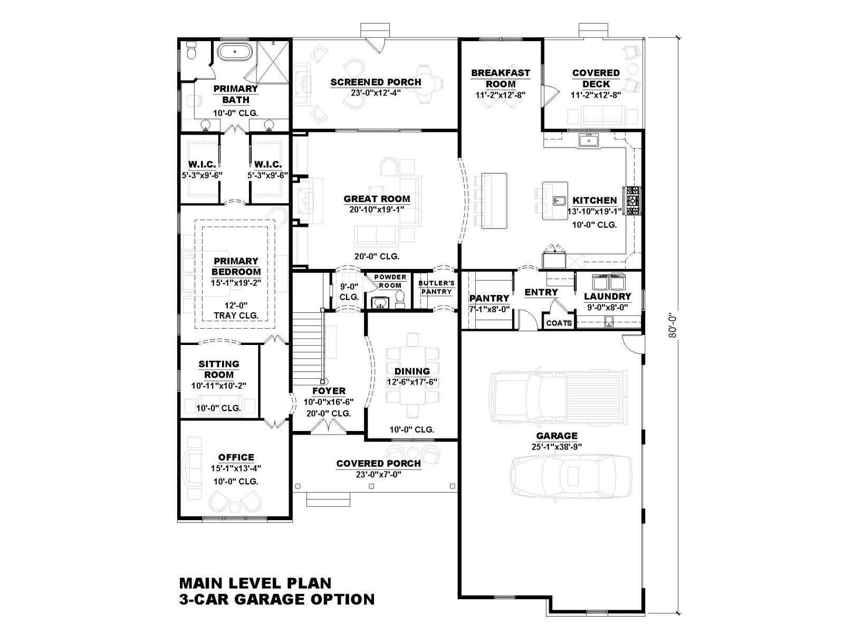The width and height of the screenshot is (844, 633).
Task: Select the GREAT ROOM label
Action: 377,199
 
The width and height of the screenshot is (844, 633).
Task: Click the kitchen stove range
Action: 633,200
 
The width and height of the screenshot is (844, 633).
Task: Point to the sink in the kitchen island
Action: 559,201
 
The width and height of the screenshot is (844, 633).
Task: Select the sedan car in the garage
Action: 571,475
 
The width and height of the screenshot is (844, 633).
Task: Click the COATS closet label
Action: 559,323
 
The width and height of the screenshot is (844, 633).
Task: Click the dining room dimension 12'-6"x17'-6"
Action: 412,382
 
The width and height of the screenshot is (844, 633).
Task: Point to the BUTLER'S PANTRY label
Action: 436,287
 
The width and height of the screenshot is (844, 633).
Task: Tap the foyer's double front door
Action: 328,427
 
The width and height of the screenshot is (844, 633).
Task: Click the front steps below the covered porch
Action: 328,500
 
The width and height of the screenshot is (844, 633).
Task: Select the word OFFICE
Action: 236,457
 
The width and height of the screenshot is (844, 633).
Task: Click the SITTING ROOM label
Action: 219,369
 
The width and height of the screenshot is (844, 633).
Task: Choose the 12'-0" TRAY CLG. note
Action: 236,311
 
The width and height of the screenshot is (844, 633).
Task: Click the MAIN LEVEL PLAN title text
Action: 255,583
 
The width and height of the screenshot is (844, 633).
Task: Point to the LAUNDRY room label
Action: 607,296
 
